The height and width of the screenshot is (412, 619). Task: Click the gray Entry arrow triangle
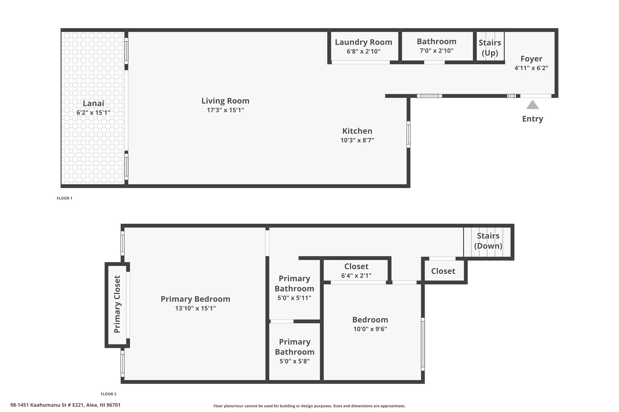click(x=533, y=105)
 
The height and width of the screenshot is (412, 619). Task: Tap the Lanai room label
click(x=93, y=104)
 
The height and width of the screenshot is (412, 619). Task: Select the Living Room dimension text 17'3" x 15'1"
click(x=225, y=110)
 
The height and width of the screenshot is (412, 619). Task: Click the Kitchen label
click(x=357, y=131)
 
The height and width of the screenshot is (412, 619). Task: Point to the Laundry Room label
click(x=364, y=42)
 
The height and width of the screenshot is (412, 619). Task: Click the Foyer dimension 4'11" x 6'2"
click(x=531, y=68)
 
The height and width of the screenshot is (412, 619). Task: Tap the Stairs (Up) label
click(x=490, y=48)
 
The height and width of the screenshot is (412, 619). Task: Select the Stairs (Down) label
click(x=488, y=241)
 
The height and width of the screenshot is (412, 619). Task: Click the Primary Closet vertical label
click(x=117, y=304)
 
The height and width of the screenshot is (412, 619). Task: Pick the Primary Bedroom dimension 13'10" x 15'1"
click(x=196, y=308)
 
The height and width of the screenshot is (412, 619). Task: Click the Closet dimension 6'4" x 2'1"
click(x=356, y=276)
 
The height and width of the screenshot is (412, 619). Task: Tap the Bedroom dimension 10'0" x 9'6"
click(x=370, y=329)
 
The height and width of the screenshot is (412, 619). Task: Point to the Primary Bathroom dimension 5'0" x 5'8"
click(x=295, y=361)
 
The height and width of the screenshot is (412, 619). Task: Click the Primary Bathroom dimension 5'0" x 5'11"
click(x=294, y=298)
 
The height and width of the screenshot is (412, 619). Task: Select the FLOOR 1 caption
click(x=65, y=198)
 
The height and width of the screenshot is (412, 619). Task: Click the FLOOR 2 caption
click(x=109, y=394)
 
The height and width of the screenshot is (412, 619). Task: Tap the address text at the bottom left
click(x=65, y=405)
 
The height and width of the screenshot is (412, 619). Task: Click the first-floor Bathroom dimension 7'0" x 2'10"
click(x=437, y=51)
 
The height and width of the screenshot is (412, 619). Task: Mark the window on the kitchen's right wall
click(x=408, y=134)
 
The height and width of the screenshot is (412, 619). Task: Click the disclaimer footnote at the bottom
click(x=309, y=406)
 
